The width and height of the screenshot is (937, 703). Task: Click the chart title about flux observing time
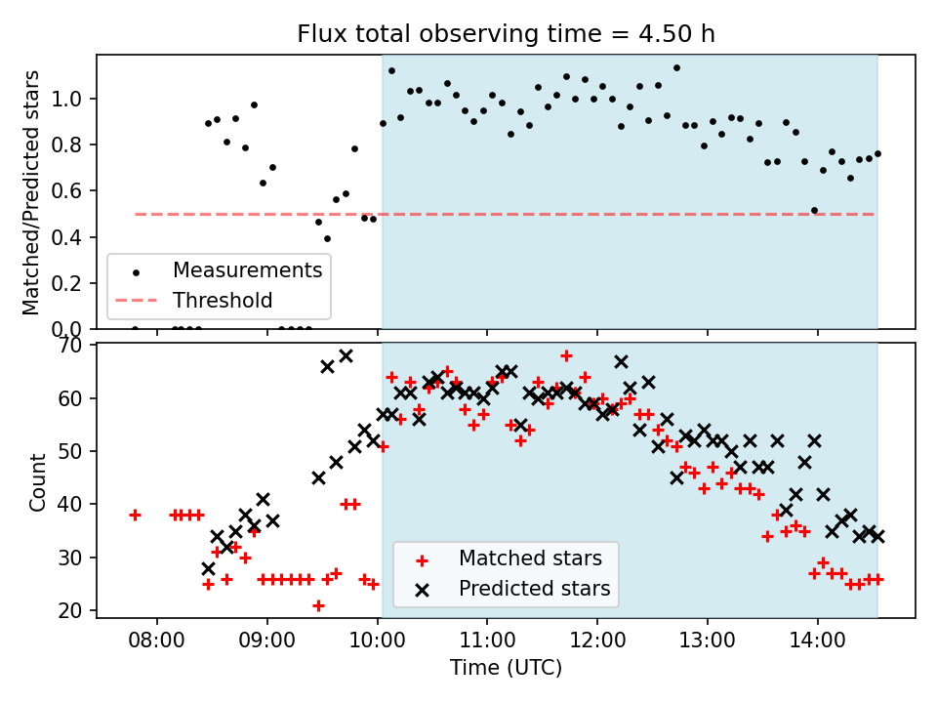coord(506,34)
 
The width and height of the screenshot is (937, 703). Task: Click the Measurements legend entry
coord(247,269)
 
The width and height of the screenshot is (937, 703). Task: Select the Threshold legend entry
coord(223,300)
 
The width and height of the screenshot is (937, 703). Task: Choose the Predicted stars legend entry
coord(534,589)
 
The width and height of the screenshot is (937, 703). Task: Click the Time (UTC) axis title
coord(506,669)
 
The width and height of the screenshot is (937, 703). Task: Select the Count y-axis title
coord(38,481)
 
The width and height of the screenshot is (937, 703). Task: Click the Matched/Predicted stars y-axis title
coord(31,192)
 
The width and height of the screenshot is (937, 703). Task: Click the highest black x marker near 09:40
coord(346,355)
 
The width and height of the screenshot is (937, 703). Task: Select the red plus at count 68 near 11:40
coord(566,355)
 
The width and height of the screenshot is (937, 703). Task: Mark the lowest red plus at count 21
coord(318,605)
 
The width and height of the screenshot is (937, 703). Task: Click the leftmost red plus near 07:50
coord(135,515)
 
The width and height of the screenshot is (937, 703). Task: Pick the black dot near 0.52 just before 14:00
coord(814,210)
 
